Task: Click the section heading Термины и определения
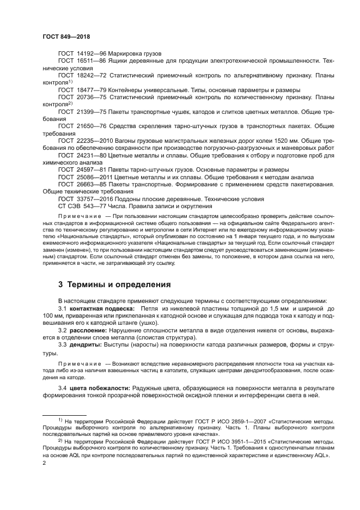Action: [x=120, y=284]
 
